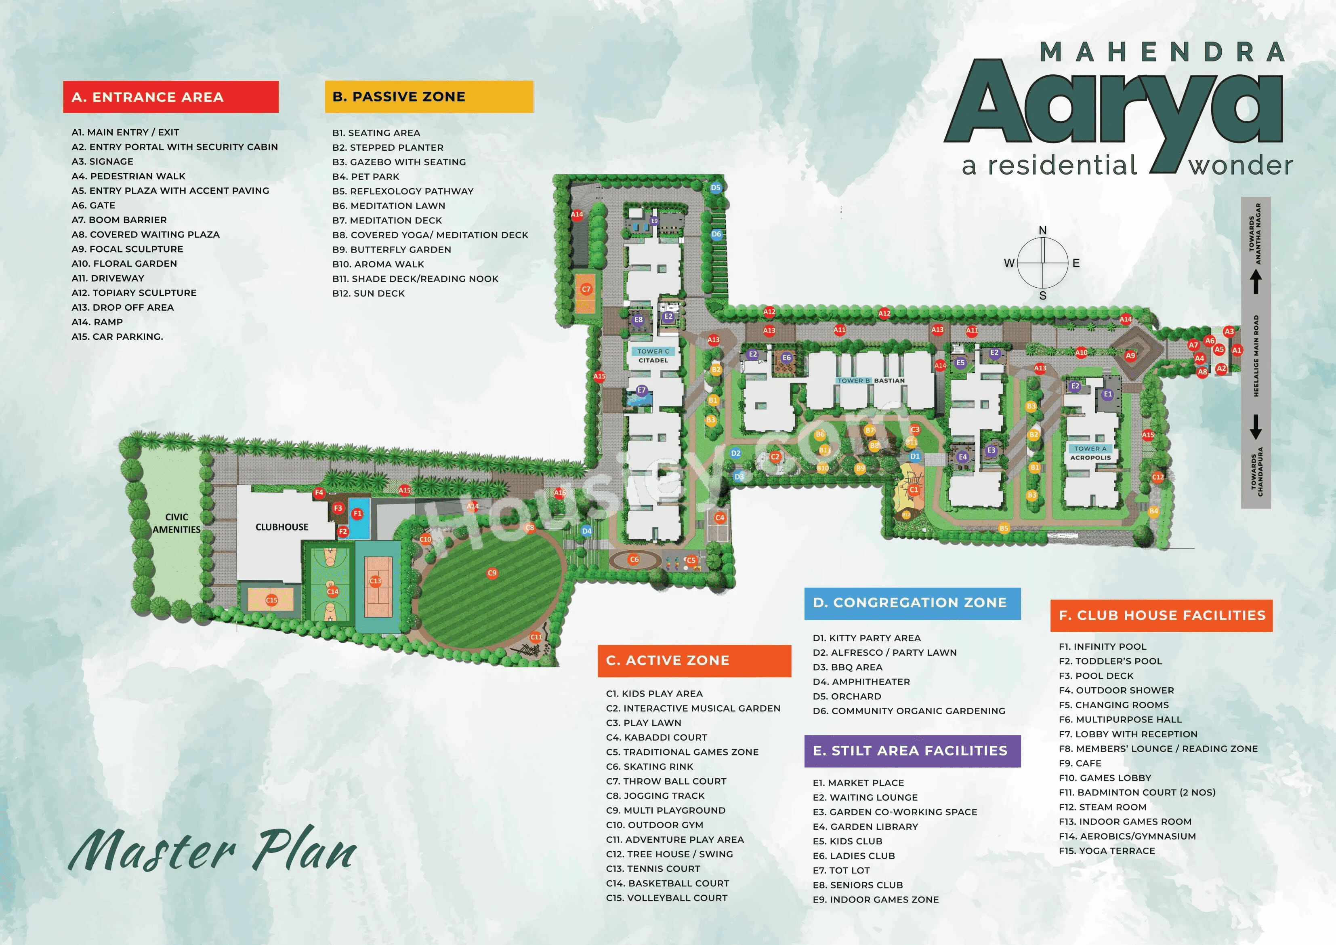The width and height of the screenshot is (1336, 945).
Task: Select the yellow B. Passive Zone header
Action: point(428,97)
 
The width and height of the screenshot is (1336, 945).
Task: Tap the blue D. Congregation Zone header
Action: point(912,603)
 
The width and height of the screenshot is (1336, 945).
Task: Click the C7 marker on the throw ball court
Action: point(586,289)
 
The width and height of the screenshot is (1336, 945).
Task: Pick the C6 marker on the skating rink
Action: point(634,560)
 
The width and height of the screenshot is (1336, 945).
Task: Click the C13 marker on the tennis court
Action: point(375,581)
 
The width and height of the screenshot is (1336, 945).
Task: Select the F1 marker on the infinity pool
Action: point(357,514)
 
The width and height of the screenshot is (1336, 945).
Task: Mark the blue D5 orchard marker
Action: point(716,187)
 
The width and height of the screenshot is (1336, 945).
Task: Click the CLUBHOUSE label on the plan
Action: point(281,527)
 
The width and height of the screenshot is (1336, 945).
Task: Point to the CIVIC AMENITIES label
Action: point(176,523)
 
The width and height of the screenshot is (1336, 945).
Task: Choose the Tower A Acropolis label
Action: point(1090,453)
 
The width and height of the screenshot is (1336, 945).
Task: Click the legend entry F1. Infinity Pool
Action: point(1102,646)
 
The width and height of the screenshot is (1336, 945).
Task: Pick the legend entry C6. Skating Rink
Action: point(649,766)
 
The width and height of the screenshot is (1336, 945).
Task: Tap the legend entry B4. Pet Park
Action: point(366,177)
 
